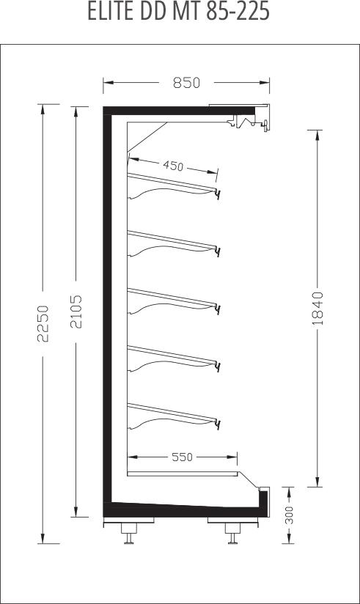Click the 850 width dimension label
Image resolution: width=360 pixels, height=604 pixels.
tap(186, 82)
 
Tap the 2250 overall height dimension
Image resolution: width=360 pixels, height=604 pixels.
tap(43, 323)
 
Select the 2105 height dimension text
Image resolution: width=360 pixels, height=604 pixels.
tap(76, 312)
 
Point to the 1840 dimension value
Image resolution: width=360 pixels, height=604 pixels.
tap(317, 309)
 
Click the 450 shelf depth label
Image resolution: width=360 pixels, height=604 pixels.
tap(173, 166)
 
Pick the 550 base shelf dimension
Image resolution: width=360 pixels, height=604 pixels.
tap(182, 457)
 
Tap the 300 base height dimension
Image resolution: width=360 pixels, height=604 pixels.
tap(289, 515)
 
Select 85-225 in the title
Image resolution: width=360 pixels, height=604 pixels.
tap(237, 12)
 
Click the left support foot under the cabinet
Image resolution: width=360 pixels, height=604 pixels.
tap(129, 533)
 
